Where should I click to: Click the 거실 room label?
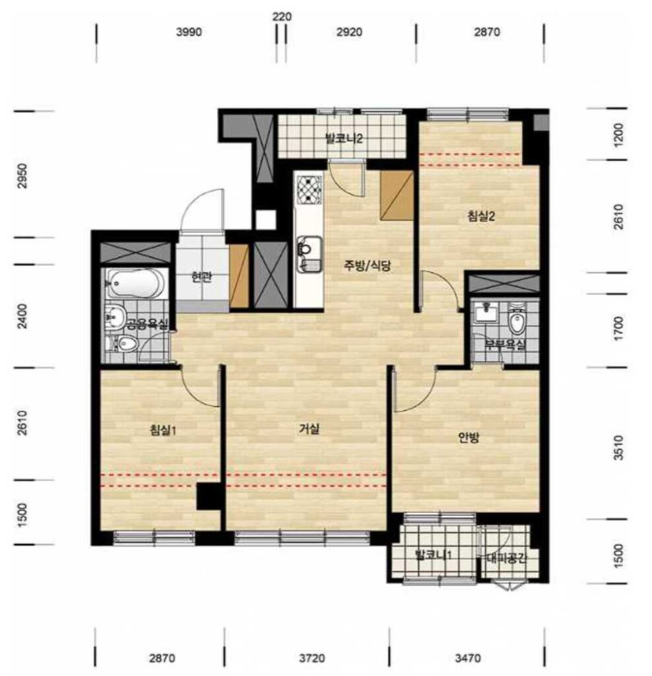click(310, 429)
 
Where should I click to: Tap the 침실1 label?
click(163, 430)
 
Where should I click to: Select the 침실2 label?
click(481, 216)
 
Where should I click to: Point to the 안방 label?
click(469, 438)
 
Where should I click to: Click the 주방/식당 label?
click(367, 265)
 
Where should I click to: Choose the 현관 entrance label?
click(202, 277)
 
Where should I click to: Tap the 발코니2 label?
click(344, 139)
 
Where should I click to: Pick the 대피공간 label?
click(507, 558)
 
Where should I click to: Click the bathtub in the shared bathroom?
click(135, 283)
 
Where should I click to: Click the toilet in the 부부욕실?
click(516, 320)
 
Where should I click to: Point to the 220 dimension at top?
click(282, 17)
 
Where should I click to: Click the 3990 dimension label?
click(189, 32)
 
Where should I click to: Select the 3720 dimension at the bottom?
click(312, 659)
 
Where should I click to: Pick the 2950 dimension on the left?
click(22, 176)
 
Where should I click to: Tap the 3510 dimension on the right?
click(618, 448)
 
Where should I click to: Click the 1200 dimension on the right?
click(618, 135)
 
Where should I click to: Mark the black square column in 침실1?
click(209, 496)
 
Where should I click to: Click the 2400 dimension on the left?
click(22, 316)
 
